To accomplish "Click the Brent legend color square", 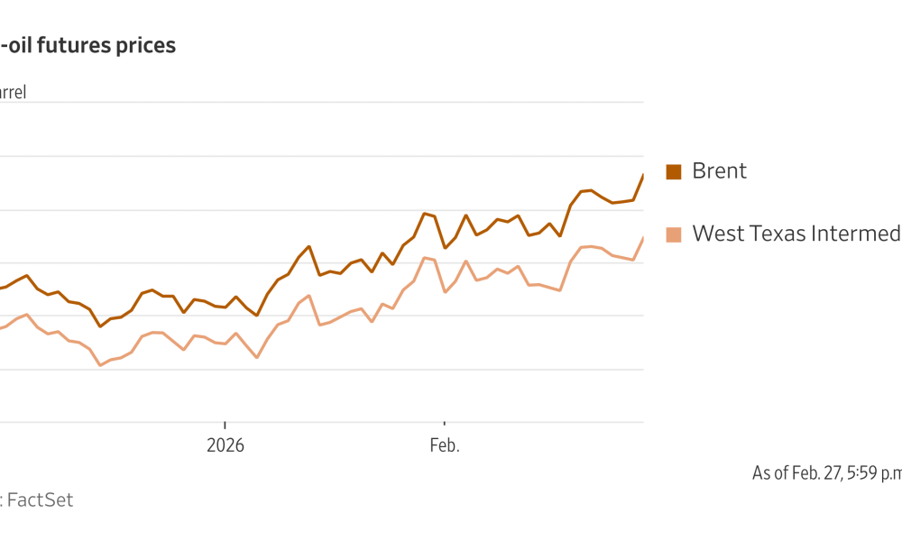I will (x=673, y=171).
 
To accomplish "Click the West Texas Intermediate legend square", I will (x=673, y=234).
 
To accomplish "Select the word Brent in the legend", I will (x=719, y=171).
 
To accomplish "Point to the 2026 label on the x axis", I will (x=225, y=445).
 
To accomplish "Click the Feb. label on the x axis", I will (x=444, y=445).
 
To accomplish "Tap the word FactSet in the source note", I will (x=40, y=500).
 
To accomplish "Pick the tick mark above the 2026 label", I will (x=225, y=426).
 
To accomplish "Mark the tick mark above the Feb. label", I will (x=444, y=426).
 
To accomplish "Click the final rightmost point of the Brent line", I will (x=643, y=174).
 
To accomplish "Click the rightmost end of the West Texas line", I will (x=643, y=237).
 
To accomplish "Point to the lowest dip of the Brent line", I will (x=99, y=326).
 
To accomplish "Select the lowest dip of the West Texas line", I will (x=99, y=364).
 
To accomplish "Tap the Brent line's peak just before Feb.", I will (x=424, y=214).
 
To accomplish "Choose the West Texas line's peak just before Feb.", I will (x=424, y=258).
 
